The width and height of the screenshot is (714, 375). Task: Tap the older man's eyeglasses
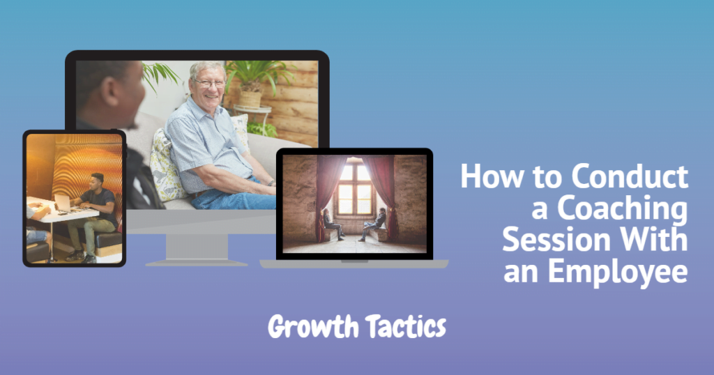tap(208, 83)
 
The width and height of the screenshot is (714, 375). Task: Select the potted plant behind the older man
tap(257, 82)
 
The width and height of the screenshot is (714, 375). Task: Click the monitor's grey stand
tap(196, 247)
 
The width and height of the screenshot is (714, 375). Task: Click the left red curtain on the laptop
tap(326, 188)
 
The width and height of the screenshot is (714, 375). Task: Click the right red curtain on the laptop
tap(385, 188)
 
